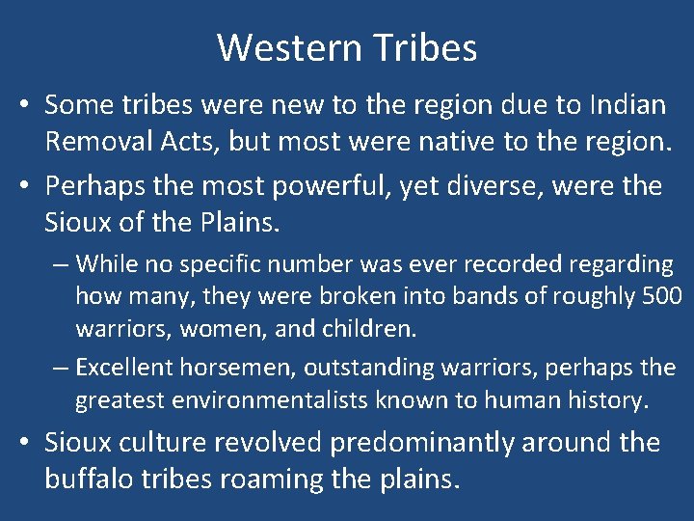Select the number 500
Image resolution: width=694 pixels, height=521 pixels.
coord(661,295)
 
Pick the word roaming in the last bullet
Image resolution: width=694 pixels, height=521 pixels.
coord(291,480)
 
